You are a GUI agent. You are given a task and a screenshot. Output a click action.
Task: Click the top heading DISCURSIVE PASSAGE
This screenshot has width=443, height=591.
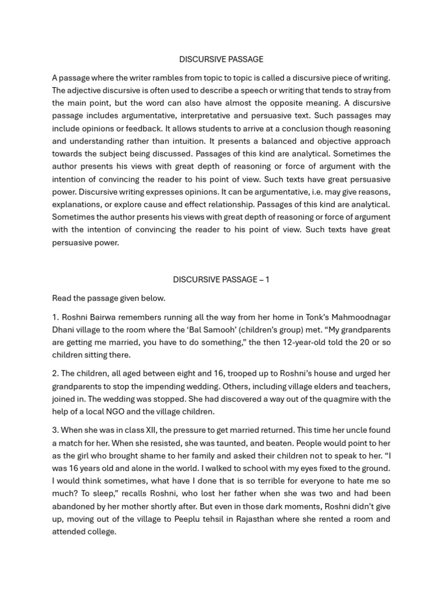221,59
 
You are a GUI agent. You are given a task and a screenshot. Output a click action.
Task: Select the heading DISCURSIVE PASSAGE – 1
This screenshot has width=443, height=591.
221,279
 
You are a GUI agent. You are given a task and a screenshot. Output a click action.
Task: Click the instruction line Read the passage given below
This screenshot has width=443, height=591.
108,298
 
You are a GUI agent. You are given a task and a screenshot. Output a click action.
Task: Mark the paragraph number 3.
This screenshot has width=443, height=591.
55,431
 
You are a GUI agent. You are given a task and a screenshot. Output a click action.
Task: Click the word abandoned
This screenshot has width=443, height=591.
74,506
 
